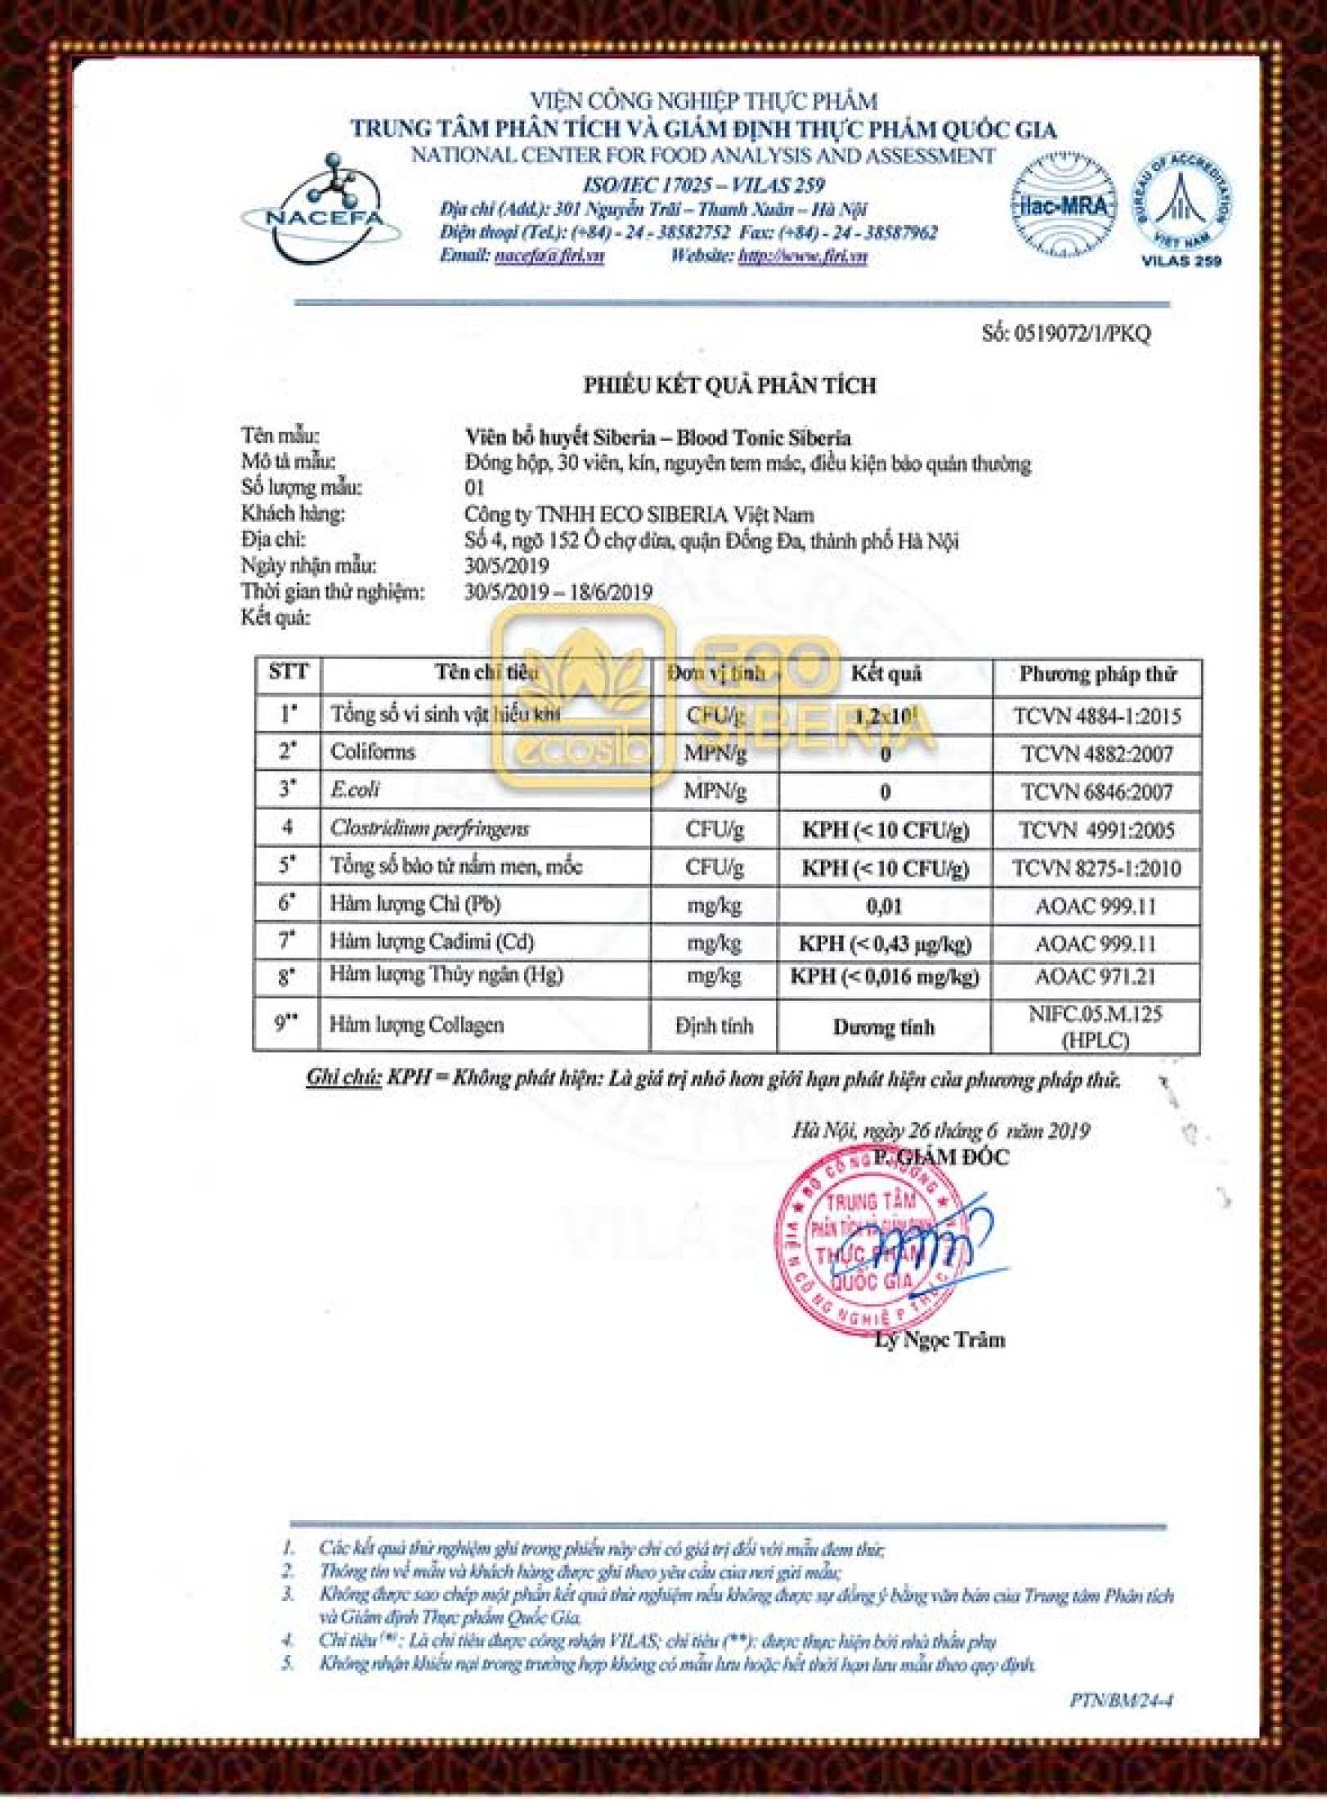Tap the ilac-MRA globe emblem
coord(1063,204)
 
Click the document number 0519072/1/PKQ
coord(1066,334)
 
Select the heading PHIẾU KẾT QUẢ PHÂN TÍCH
coord(729,385)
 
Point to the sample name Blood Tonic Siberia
coord(658,437)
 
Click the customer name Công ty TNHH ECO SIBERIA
coord(639,514)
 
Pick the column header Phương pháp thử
coord(1097,675)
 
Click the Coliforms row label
coord(373,752)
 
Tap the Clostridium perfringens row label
coord(430,828)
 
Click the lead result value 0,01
coord(885,906)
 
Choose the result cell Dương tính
coord(884,1027)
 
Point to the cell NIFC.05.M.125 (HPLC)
coord(1096,1027)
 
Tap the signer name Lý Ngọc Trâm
coord(939,1340)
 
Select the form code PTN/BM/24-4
coord(1122,1701)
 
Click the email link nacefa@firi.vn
coord(549,256)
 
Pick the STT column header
coord(288,673)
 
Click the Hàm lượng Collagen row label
coord(416,1025)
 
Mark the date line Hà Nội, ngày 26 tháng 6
coord(940,1131)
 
